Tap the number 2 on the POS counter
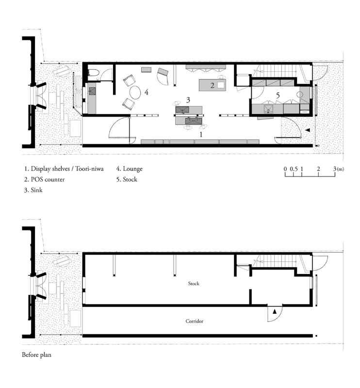[212, 86]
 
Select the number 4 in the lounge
[147, 92]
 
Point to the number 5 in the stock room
[278, 95]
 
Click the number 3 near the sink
[188, 100]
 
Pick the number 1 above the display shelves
[201, 134]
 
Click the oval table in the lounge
[135, 92]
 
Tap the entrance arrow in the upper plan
[307, 130]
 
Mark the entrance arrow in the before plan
[275, 311]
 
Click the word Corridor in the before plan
[195, 321]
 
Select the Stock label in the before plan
[194, 284]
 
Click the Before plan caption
[37, 355]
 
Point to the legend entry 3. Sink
[33, 190]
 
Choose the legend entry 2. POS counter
[44, 179]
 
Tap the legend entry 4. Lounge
[130, 169]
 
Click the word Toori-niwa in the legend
[89, 169]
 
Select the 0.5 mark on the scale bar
[294, 169]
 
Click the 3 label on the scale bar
[335, 169]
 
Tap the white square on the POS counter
[221, 85]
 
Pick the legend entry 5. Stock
[127, 179]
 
